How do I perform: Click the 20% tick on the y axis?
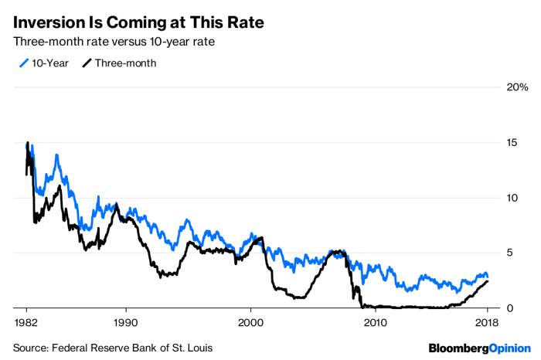click(x=518, y=87)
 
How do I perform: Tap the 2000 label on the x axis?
click(x=250, y=321)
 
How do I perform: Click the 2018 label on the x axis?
click(x=486, y=321)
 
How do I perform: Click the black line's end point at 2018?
click(x=487, y=281)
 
